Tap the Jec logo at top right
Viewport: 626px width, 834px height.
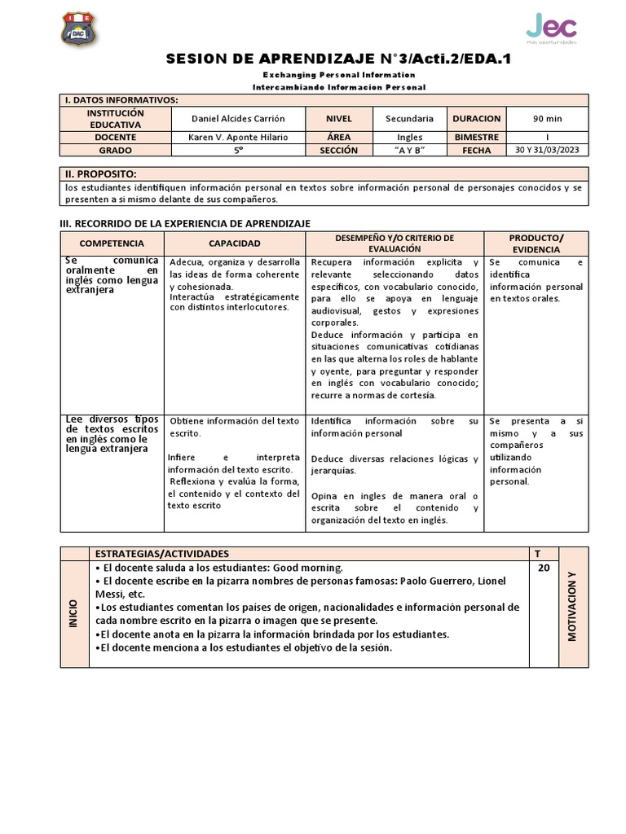[x=551, y=28]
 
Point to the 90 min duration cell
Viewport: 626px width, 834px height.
[x=548, y=119]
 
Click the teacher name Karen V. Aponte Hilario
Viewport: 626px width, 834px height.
[x=239, y=138]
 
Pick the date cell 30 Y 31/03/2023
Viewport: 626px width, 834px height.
[x=548, y=151]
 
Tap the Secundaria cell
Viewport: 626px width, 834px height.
[x=415, y=119]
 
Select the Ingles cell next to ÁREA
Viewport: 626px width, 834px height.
[x=415, y=138]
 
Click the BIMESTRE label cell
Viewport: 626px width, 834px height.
[x=477, y=138]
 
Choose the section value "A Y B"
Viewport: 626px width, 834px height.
[x=415, y=151]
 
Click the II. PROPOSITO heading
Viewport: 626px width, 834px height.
[x=101, y=174]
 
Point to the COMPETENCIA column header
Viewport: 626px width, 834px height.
[x=112, y=244]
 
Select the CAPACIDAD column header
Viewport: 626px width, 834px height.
[x=235, y=244]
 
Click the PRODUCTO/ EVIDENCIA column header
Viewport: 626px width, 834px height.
[x=536, y=244]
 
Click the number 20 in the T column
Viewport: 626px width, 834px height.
[x=543, y=568]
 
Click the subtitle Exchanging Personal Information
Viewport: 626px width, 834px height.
[x=339, y=75]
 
